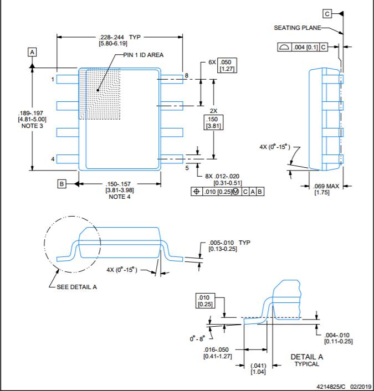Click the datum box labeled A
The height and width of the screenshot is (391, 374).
pos(32,52)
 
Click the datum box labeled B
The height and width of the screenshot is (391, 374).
pos(62,184)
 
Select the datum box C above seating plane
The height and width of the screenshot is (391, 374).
pos(327,14)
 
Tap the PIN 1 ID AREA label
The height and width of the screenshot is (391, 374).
pos(144,55)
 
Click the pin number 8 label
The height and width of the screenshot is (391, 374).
pos(186,75)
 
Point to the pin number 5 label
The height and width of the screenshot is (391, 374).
pos(187,168)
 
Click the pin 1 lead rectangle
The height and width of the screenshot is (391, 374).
pos(68,79)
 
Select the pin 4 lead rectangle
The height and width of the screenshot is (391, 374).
pos(68,159)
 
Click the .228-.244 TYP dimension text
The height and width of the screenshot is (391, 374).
pos(120,37)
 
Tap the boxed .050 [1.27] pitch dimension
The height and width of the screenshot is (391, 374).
pos(227,65)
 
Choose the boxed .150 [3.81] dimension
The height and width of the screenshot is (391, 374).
pos(213,122)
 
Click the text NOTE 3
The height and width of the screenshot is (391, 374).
pos(32,126)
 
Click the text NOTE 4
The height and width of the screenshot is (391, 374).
pos(120,197)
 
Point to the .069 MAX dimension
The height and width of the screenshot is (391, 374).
pos(326,186)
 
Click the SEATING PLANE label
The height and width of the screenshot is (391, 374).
pos(298,28)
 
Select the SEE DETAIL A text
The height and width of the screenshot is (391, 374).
pos(76,287)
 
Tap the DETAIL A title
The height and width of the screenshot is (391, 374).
pos(306,357)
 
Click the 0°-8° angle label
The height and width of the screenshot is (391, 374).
pos(197,338)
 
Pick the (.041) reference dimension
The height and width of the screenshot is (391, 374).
pos(258,366)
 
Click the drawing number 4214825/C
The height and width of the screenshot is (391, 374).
pos(331,387)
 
